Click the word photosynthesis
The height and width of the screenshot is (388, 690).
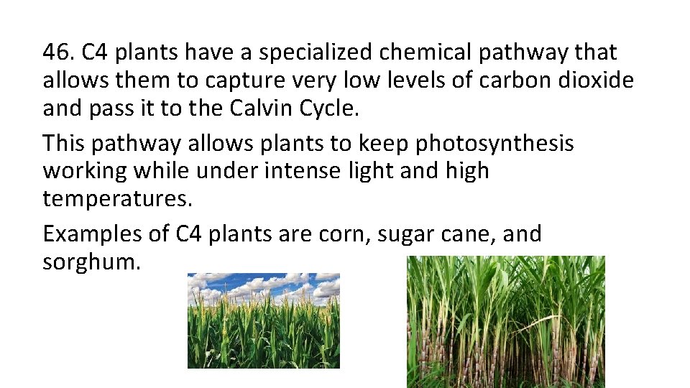[494, 144]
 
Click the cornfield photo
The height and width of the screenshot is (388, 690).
[264, 320]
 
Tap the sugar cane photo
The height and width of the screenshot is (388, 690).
[506, 321]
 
